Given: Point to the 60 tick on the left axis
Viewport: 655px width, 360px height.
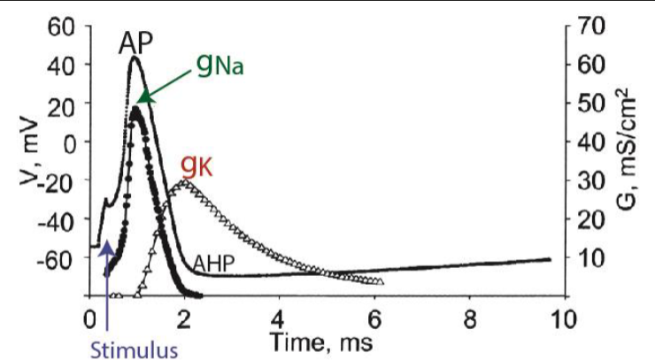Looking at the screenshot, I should (x=67, y=26).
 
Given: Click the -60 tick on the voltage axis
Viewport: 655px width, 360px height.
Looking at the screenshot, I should (x=64, y=257).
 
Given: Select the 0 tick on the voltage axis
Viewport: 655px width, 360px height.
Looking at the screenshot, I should (x=73, y=142).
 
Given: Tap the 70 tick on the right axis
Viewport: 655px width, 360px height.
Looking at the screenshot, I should (x=589, y=26).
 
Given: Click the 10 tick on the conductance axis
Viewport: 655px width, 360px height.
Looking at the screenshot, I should (x=589, y=257).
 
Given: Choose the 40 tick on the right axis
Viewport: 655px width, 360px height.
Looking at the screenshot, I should (x=589, y=142).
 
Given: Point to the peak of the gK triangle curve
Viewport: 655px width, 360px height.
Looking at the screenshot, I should (x=184, y=181).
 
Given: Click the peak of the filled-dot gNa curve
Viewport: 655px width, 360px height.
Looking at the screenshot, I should (x=135, y=110).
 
